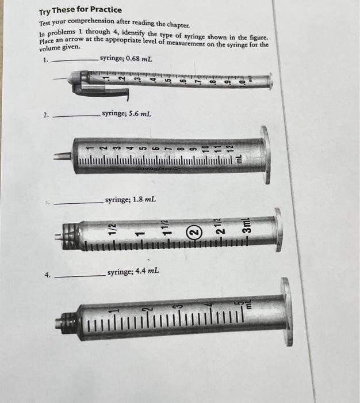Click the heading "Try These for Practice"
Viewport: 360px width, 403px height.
[80, 10]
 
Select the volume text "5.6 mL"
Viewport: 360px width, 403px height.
[139, 114]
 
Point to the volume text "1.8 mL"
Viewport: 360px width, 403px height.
[143, 200]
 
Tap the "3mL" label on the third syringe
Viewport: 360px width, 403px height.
[246, 223]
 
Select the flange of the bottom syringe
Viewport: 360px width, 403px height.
[286, 311]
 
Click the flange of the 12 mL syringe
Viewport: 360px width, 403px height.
[265, 154]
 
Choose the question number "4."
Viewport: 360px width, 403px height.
[48, 275]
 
